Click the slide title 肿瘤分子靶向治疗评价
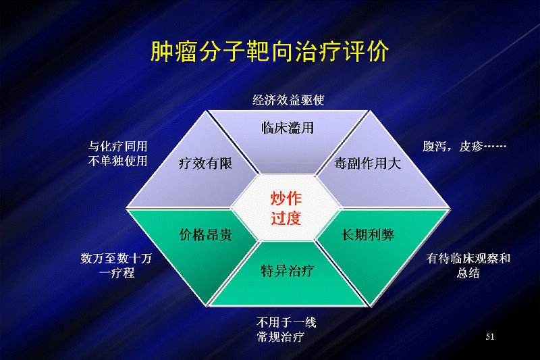click(270, 52)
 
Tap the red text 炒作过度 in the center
click(286, 208)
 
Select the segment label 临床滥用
click(288, 128)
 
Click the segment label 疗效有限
click(206, 163)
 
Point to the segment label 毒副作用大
click(367, 163)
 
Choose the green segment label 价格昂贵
click(206, 235)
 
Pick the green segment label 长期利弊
click(368, 235)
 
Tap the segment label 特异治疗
click(288, 271)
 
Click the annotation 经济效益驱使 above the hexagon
click(288, 100)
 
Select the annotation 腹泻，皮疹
click(464, 147)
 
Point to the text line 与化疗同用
click(117, 147)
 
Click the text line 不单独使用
click(117, 161)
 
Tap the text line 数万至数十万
click(116, 259)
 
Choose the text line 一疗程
click(117, 273)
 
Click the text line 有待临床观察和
click(468, 259)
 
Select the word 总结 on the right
click(468, 273)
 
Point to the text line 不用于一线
click(286, 322)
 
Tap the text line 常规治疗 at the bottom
click(280, 337)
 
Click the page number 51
click(490, 336)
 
